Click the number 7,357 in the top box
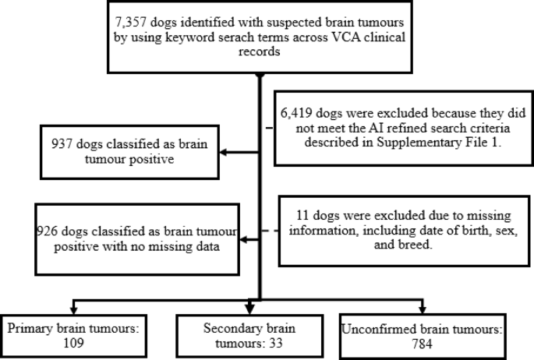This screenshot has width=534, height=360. tap(130, 23)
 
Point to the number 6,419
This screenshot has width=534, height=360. tap(296, 113)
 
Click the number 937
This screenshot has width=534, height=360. tap(62, 144)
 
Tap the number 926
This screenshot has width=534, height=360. tap(47, 231)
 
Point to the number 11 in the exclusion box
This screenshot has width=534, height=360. tap(302, 215)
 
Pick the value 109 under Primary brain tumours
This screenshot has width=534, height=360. tap(73, 343)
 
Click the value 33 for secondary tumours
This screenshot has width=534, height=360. tap(275, 343)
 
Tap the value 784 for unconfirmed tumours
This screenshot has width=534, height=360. tap(423, 344)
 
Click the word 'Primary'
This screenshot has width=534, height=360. tap(30, 329)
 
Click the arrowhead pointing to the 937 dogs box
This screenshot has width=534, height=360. tap(223, 152)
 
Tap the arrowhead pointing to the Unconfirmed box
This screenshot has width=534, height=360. tap(423, 309)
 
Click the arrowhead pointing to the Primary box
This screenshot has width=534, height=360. tap(73, 309)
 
